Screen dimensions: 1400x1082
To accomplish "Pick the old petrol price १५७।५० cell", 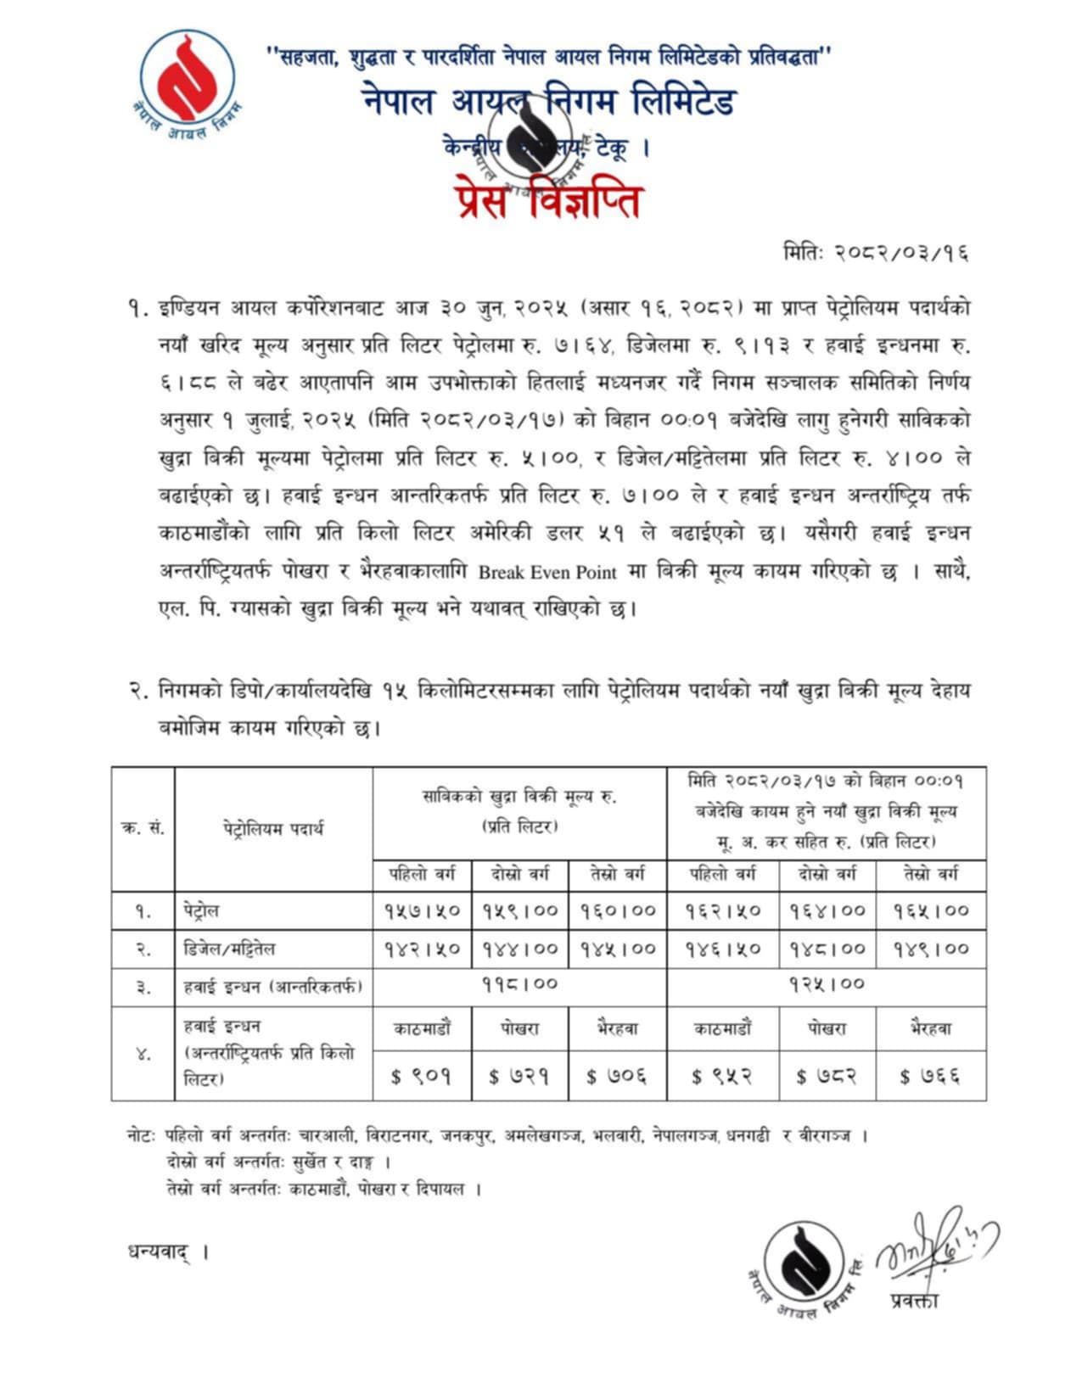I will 422,910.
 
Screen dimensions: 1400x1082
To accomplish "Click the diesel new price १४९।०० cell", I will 931,949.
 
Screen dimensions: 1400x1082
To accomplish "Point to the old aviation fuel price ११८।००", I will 519,985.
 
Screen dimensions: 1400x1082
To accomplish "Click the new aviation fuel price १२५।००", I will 826,985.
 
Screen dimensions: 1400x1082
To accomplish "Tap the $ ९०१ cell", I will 422,1077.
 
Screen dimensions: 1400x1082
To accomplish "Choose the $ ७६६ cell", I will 931,1077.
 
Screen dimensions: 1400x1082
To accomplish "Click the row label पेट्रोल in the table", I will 202,911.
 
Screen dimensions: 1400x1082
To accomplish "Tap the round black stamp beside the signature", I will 801,1264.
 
